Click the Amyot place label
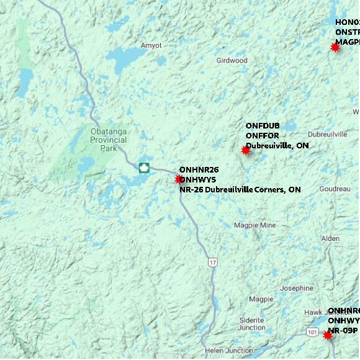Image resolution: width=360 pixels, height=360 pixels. point(151,45)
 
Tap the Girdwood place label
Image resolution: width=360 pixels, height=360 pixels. point(232,61)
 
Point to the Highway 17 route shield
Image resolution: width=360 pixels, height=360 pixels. point(213,263)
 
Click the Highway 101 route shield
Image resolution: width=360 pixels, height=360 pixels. point(312,333)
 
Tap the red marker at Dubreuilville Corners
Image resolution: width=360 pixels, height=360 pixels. point(179,179)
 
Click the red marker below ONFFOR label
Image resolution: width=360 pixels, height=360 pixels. point(245,150)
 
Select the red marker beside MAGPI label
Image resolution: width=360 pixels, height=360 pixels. point(335,47)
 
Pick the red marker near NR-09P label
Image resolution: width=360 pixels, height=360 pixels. point(328,335)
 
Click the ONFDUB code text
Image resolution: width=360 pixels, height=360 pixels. point(263,126)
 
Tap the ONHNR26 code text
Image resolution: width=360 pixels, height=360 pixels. point(199,169)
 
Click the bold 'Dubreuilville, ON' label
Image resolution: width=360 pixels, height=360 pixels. point(277,146)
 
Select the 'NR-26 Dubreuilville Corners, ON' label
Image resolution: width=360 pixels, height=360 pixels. point(240,189)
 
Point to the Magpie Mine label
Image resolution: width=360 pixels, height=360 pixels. point(254,225)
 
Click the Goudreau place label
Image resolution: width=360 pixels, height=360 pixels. point(335,189)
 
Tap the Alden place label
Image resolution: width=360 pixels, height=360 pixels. point(330,239)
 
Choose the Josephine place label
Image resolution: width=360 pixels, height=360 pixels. point(297,288)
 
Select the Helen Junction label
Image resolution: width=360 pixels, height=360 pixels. point(228,350)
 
